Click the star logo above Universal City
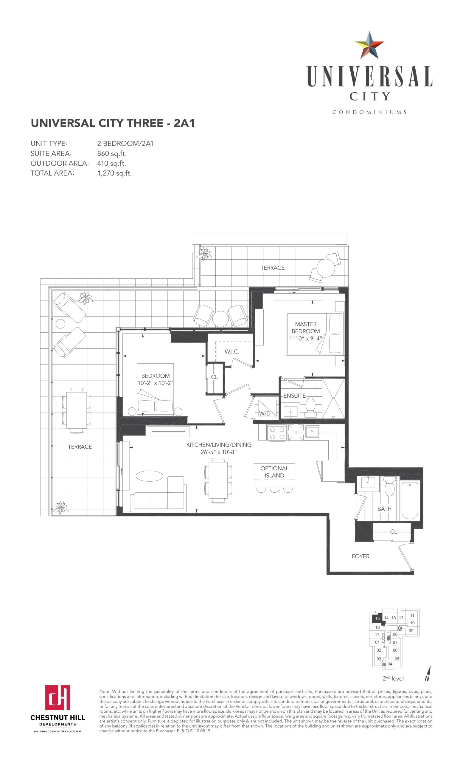pyautogui.click(x=369, y=45)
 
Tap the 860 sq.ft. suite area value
pyautogui.click(x=112, y=153)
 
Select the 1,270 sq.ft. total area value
pyautogui.click(x=114, y=173)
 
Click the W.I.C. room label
pyautogui.click(x=232, y=351)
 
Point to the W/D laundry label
pyautogui.click(x=265, y=413)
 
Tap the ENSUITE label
pyautogui.click(x=294, y=396)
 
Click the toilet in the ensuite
pyautogui.click(x=310, y=407)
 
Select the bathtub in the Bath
pyautogui.click(x=410, y=500)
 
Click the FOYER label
pyautogui.click(x=361, y=556)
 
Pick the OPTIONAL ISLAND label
pyautogui.click(x=274, y=472)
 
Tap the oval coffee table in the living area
pyautogui.click(x=149, y=476)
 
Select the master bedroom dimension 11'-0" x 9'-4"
pyautogui.click(x=306, y=339)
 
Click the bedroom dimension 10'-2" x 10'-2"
pyautogui.click(x=155, y=383)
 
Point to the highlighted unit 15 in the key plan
pyautogui.click(x=377, y=618)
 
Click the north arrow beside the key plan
pyautogui.click(x=428, y=675)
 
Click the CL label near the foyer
pyautogui.click(x=393, y=532)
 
